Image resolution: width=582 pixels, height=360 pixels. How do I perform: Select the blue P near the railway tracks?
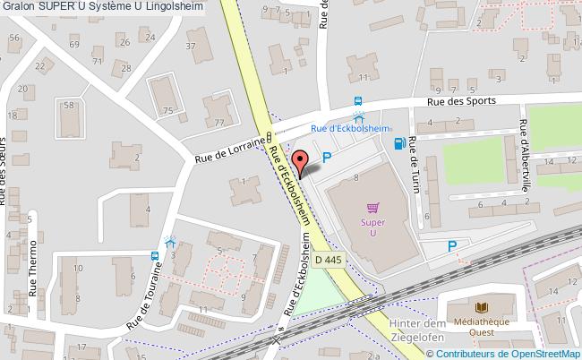click(x=453, y=246)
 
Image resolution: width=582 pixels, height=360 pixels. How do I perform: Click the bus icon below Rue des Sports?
click(x=358, y=102)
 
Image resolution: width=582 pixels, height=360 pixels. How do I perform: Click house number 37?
click(x=191, y=46)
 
